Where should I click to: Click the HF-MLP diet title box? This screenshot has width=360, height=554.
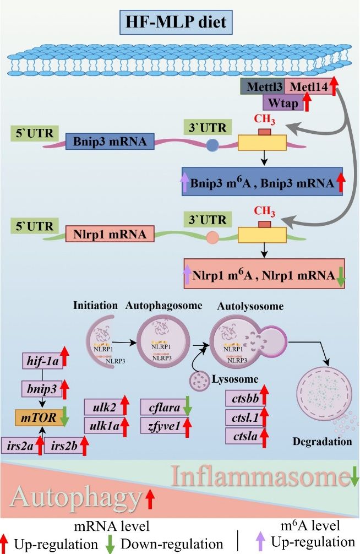pyautogui.click(x=176, y=23)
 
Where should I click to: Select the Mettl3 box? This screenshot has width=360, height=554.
pyautogui.click(x=263, y=86)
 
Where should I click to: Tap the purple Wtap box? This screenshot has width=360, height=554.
pyautogui.click(x=282, y=103)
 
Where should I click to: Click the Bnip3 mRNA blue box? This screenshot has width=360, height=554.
pyautogui.click(x=110, y=142)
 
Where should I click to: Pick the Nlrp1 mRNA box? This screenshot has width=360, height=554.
pyautogui.click(x=110, y=234)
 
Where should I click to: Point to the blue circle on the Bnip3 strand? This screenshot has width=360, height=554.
pyautogui.click(x=212, y=145)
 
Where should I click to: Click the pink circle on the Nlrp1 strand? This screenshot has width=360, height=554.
pyautogui.click(x=212, y=237)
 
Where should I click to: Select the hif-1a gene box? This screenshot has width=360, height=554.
pyautogui.click(x=43, y=361)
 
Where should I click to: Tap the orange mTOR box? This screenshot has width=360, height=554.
pyautogui.click(x=39, y=417)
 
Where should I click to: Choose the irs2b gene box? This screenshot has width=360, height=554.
pyautogui.click(x=64, y=446)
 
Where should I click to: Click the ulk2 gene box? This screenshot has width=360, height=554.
pyautogui.click(x=105, y=407)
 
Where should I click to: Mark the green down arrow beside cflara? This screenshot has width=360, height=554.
pyautogui.click(x=187, y=406)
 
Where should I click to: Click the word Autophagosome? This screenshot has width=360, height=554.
pyautogui.click(x=163, y=305)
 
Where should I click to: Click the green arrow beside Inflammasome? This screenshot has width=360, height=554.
pyautogui.click(x=354, y=476)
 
